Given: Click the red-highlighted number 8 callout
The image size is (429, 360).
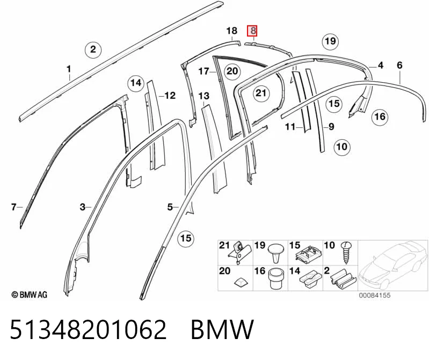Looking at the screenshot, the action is point(252,31).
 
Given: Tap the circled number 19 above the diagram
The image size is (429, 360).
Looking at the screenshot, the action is point(330,41).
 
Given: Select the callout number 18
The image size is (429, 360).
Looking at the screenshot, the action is point(232,31).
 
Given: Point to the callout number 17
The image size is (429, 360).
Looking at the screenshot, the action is point(203,71).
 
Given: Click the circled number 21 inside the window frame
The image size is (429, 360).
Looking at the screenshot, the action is point(261,93).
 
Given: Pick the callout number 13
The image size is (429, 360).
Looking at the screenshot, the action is point(204,96).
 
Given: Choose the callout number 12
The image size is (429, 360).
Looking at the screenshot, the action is point(170,96).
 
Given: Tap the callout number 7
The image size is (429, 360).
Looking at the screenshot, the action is point(13,207).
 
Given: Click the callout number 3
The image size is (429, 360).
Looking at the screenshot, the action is point(83,207).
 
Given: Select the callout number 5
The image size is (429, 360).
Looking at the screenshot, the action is point(170,207).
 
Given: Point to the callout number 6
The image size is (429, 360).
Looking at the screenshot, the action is point(399,65).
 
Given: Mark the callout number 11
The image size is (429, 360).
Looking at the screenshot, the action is point(290,127).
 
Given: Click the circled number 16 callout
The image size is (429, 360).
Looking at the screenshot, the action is point(380,117).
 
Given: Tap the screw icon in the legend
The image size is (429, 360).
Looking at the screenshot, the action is point(346,253).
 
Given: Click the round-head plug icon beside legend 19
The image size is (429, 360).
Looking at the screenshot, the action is point(275,253).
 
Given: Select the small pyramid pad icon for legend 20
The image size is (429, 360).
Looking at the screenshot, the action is point(241,282).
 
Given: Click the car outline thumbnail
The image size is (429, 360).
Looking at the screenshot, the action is point(393,266).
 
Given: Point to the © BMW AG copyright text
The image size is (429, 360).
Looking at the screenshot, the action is point(30,295).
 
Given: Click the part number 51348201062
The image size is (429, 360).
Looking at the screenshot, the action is point(88,329).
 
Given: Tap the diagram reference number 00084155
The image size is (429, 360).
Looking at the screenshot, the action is point(375,296).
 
